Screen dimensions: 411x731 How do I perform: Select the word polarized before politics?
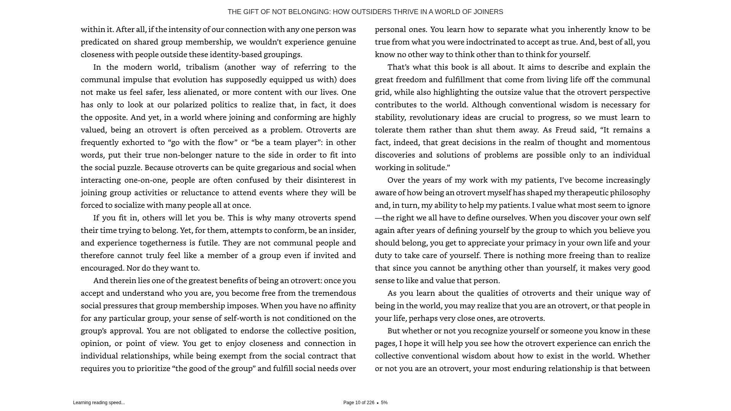190,105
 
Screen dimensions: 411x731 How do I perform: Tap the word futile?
208,243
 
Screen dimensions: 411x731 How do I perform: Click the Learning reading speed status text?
99,403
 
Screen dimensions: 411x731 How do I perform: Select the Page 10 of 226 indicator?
359,403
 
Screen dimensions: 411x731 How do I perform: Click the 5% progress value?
384,403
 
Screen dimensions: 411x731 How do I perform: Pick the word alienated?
201,92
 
